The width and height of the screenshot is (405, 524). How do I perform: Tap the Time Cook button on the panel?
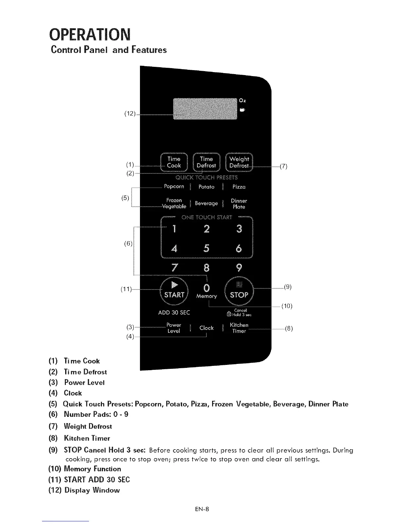click(174, 162)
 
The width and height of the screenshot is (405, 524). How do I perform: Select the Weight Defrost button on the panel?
click(239, 162)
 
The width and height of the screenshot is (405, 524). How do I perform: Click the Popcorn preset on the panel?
click(174, 187)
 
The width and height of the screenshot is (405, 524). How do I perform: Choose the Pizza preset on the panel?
click(239, 187)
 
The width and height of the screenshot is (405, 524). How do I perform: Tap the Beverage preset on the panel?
click(206, 203)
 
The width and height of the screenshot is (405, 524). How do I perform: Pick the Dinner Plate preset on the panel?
click(239, 204)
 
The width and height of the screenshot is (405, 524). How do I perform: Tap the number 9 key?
click(239, 267)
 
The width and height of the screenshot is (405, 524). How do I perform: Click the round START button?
click(174, 290)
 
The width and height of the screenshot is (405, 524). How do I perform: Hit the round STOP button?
click(239, 290)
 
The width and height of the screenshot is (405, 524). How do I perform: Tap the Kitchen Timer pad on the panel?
click(239, 328)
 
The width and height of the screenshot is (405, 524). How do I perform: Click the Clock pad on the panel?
click(206, 328)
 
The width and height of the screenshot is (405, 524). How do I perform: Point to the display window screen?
click(205, 109)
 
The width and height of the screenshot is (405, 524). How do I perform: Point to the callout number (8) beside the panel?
click(289, 329)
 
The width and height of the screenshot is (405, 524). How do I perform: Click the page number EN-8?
click(202, 509)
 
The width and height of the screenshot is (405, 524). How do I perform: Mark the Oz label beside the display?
click(243, 100)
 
